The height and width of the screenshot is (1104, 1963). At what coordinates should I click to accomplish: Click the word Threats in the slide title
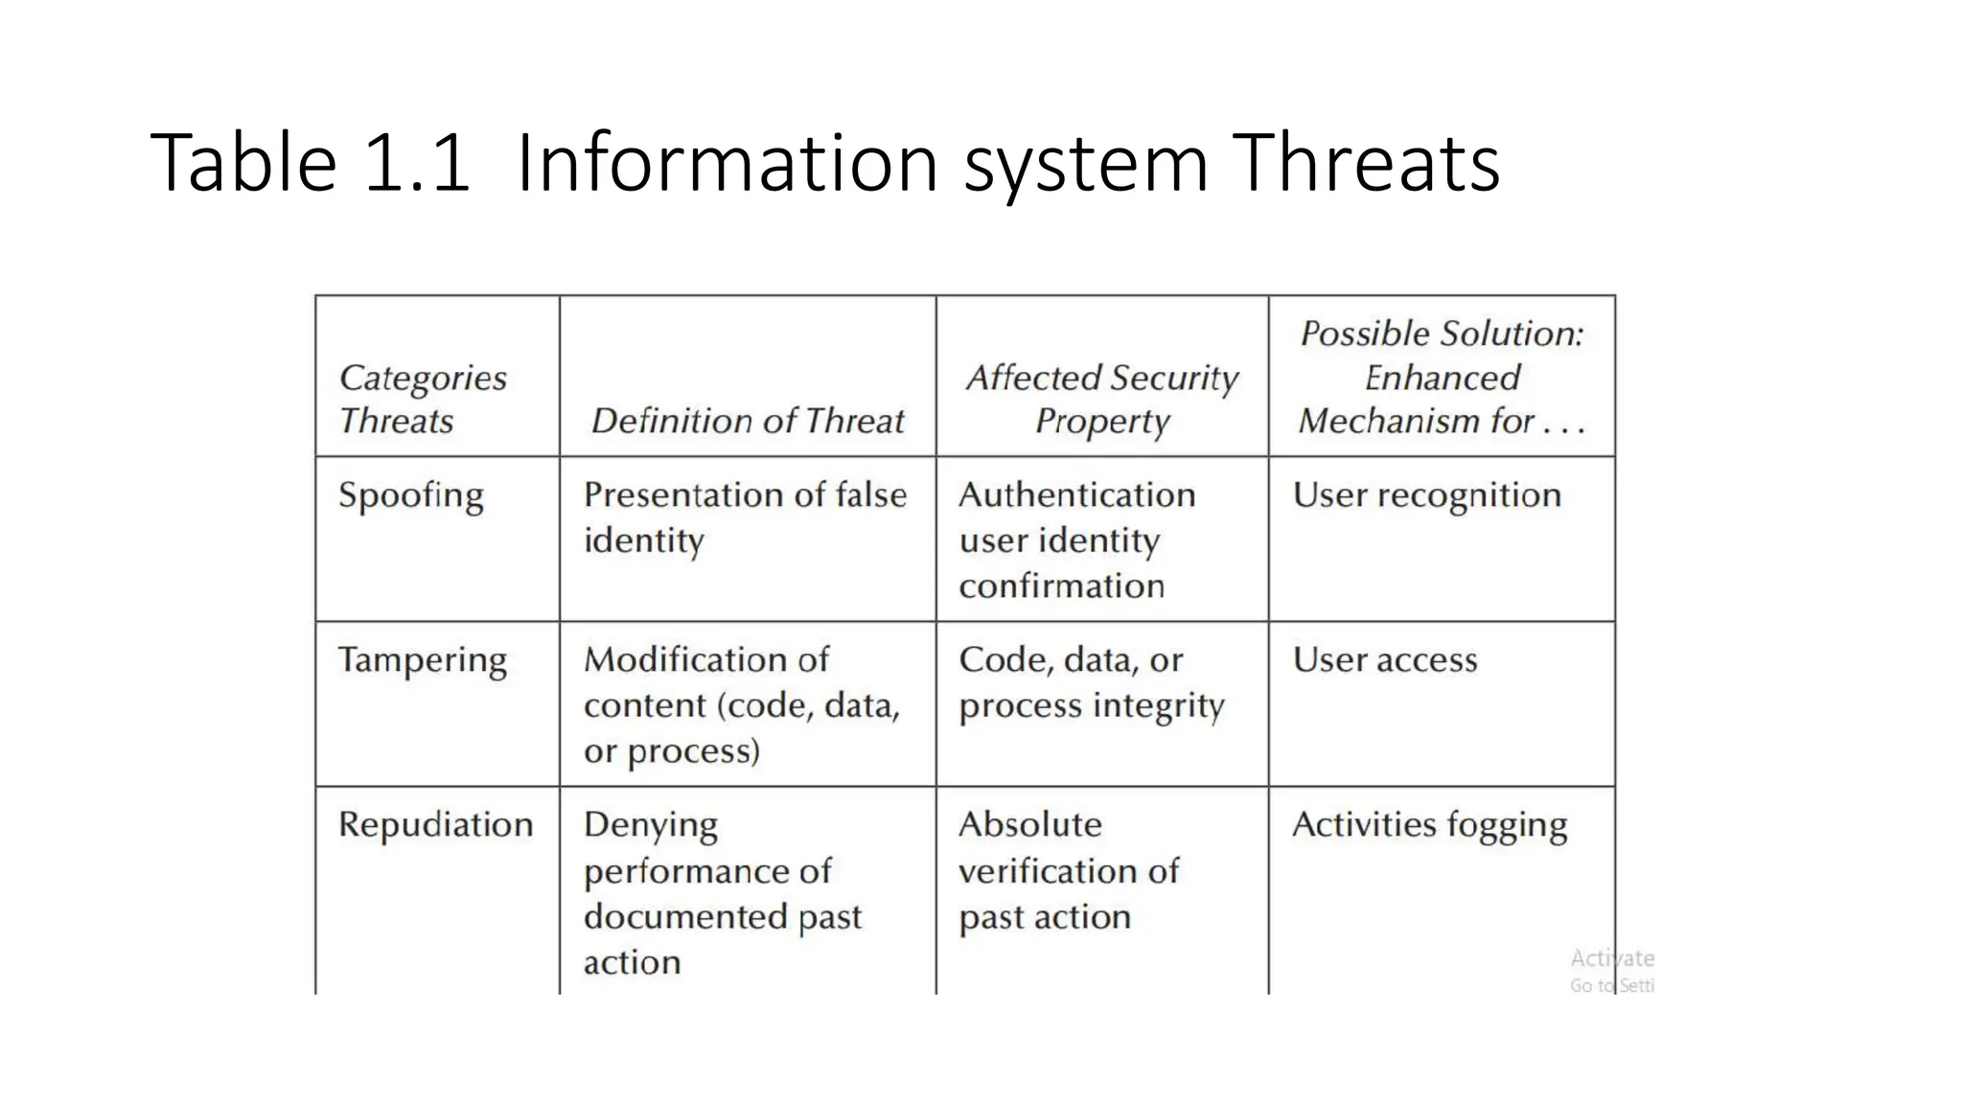[1366, 164]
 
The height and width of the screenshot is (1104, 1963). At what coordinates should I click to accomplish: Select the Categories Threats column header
[423, 399]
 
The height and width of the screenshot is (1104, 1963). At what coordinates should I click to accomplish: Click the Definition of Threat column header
[748, 421]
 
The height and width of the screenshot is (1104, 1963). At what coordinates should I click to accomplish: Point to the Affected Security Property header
[1102, 399]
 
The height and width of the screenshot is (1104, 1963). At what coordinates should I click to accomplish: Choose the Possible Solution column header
[1442, 377]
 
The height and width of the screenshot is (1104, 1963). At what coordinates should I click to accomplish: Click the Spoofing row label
[411, 496]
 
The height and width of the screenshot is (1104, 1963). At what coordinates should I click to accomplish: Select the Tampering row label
[423, 661]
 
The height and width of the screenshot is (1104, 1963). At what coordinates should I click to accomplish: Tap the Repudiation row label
[436, 825]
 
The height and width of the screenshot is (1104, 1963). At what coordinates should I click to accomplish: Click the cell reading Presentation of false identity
[745, 517]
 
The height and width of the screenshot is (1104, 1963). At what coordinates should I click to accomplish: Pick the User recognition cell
[1427, 496]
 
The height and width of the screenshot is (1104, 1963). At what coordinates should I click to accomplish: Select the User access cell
[1385, 660]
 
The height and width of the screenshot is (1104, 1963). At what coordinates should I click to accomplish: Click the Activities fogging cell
[1430, 826]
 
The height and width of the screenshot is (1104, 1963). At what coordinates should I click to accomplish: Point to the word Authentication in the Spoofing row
[1077, 495]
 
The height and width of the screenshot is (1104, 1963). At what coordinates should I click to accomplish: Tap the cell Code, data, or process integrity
[1092, 682]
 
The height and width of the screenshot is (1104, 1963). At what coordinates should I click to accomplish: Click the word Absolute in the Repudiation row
[1030, 825]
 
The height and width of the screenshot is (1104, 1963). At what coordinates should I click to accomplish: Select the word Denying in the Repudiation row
[651, 826]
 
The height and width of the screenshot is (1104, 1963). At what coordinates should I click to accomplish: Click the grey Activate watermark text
[1612, 958]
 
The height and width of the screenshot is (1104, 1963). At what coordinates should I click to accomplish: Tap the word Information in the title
[727, 164]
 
